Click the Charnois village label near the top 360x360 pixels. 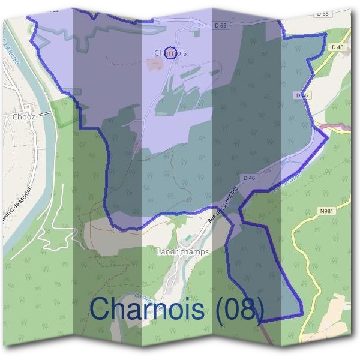click(x=170, y=53)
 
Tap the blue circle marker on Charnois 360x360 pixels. click(x=170, y=53)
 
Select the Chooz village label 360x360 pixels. click(x=23, y=117)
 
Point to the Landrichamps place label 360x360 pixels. click(x=182, y=252)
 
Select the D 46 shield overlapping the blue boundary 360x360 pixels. click(x=302, y=95)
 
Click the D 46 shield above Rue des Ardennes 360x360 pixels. click(x=250, y=178)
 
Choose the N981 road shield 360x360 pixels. click(x=326, y=211)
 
